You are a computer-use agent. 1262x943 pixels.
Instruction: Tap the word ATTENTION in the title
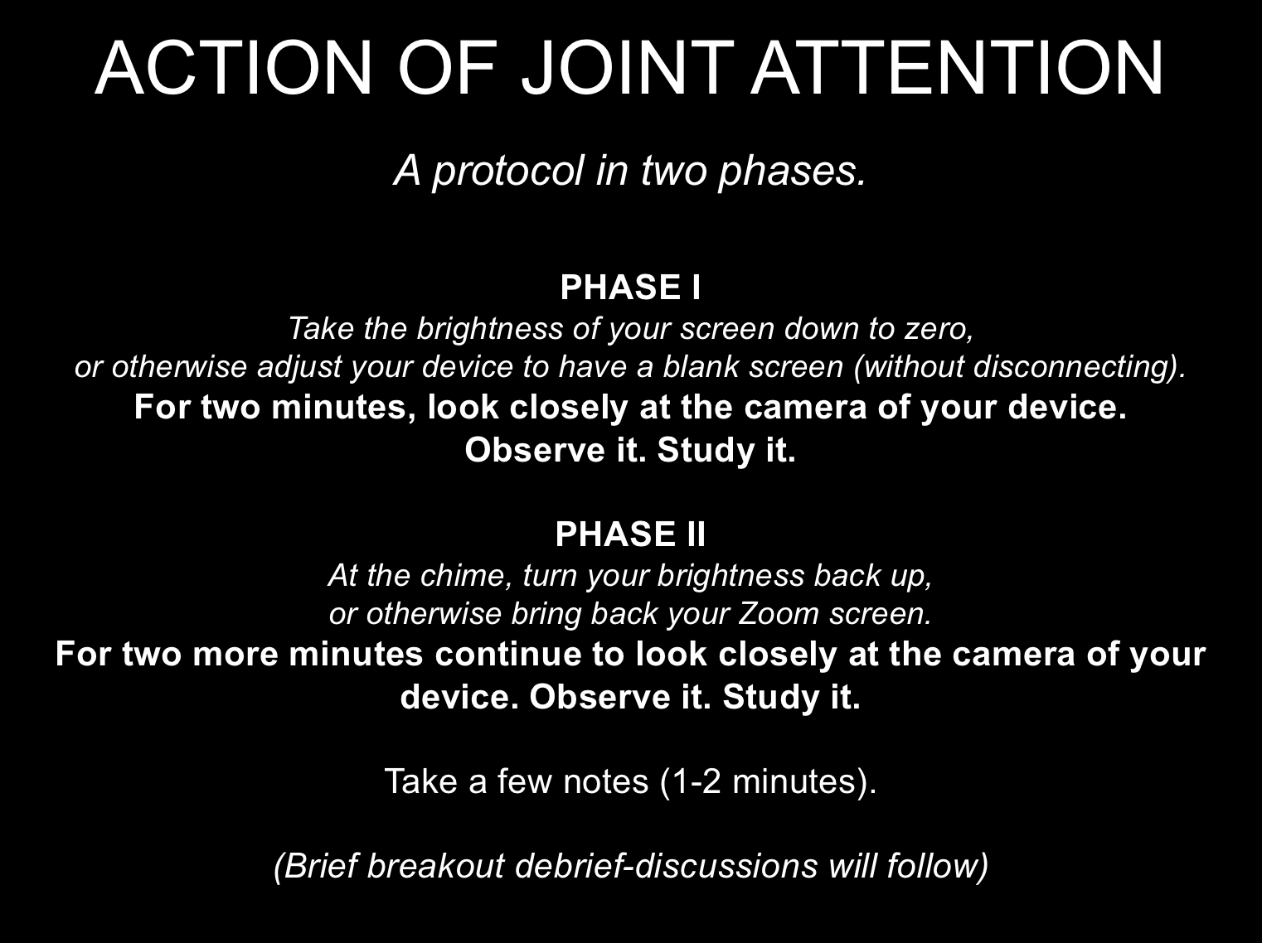[958, 67]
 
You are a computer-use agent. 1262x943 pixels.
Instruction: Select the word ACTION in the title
[234, 68]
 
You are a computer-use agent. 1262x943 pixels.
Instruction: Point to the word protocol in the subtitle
[508, 172]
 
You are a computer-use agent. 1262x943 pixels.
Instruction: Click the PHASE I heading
[631, 288]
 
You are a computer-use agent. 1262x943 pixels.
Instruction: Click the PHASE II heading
[631, 534]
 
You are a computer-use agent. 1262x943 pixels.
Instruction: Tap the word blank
[701, 366]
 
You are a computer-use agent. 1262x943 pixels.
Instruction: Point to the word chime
[466, 575]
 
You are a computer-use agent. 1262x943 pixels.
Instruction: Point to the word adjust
[299, 366]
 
